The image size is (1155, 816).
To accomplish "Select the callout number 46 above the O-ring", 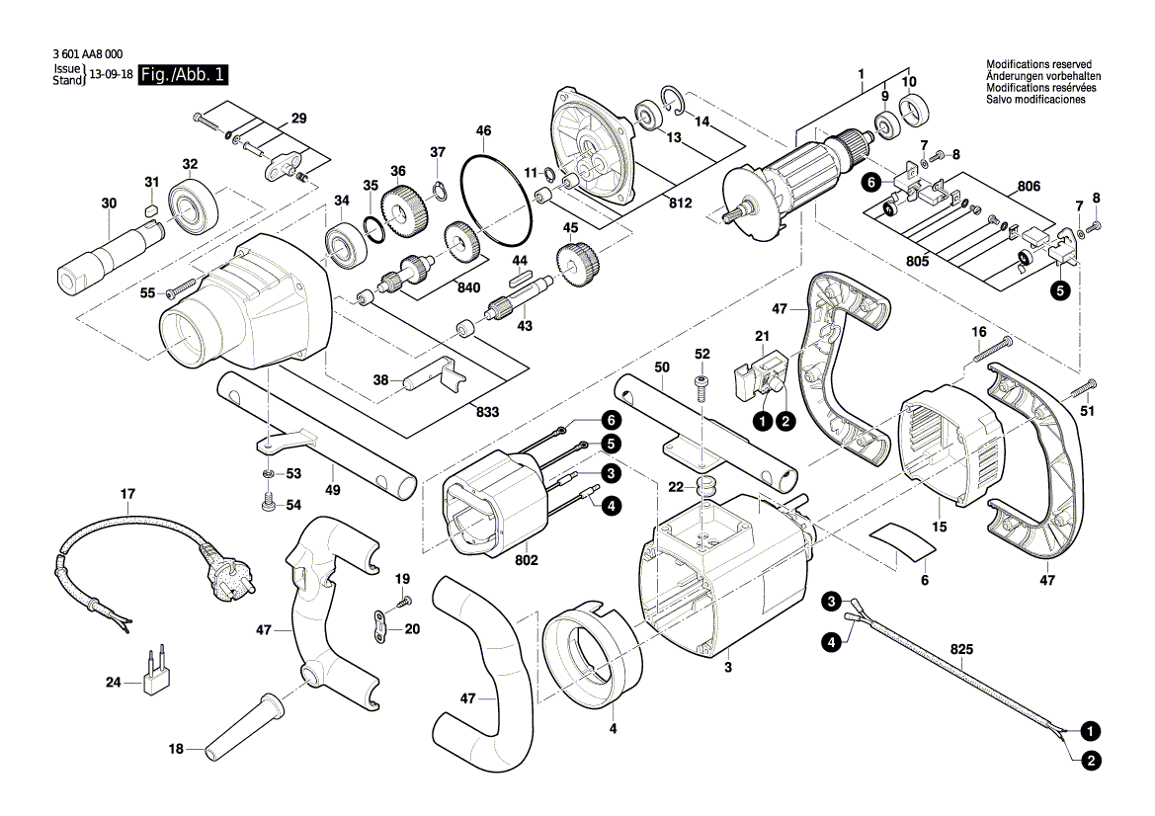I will tap(483, 130).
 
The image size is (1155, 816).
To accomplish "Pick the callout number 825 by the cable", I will tap(960, 651).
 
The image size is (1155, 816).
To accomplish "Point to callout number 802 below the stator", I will tap(527, 560).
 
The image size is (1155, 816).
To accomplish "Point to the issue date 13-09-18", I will tap(111, 75).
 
